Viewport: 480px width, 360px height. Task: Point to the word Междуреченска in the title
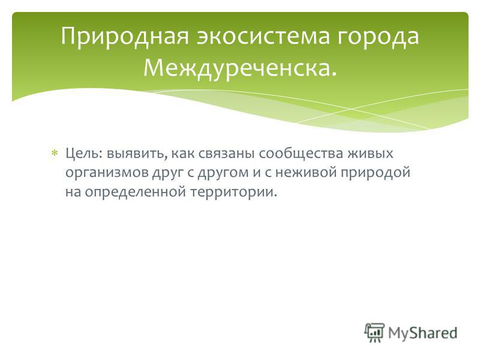237,68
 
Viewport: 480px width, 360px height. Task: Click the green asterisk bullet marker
54,153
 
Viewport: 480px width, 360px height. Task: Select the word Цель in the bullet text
82,154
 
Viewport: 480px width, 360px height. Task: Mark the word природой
375,173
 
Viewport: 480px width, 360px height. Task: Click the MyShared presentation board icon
374,332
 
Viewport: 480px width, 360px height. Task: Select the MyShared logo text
422,333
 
